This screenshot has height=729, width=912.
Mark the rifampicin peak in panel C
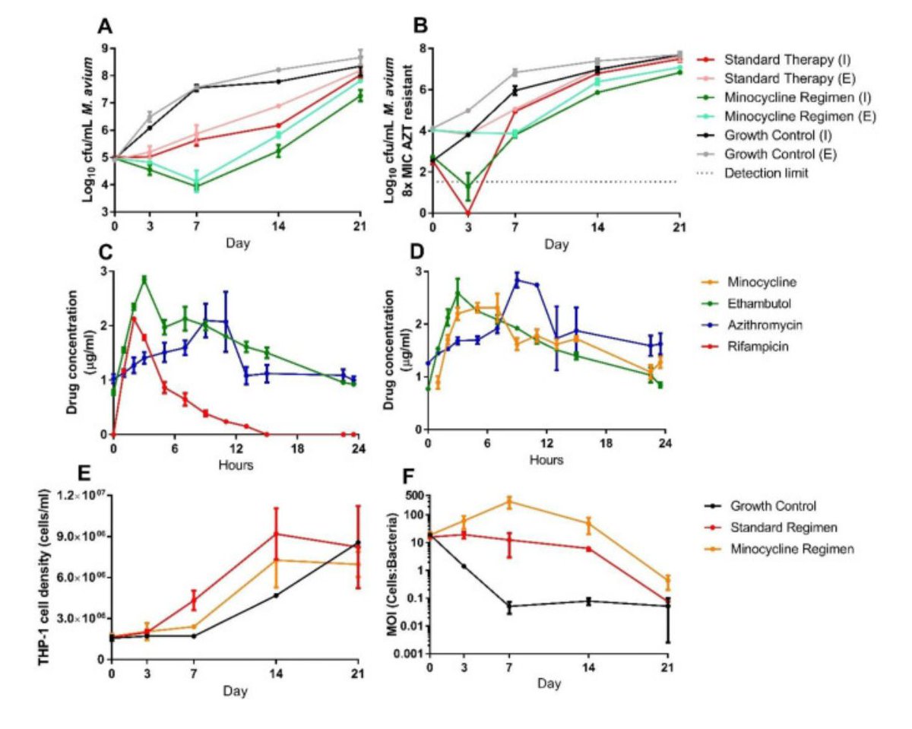tap(134, 318)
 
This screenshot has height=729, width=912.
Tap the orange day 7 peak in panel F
tap(509, 501)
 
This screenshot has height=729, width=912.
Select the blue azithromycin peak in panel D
tap(518, 281)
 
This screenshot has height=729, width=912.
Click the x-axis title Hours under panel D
tap(546, 460)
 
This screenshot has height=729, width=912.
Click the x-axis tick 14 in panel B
tap(597, 227)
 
